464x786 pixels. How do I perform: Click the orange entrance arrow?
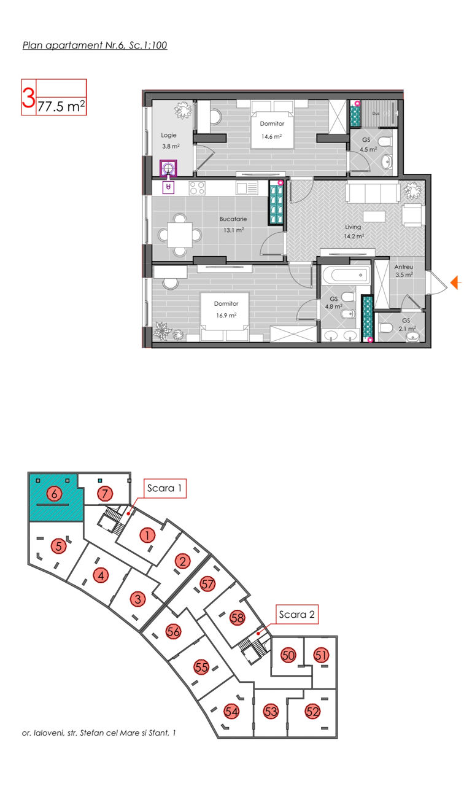point(455,282)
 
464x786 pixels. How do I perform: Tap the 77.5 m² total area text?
point(61,106)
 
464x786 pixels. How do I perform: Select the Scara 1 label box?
point(164,488)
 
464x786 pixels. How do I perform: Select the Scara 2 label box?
point(296,614)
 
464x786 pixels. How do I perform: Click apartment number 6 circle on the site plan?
point(54,494)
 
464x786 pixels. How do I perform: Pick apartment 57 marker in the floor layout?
point(207,584)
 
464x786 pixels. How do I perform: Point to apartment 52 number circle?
point(312,712)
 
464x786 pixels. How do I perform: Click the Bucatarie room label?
point(233,219)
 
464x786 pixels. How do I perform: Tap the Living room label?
point(353,227)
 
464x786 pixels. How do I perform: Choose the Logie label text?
point(169,135)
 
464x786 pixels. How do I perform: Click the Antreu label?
point(404,267)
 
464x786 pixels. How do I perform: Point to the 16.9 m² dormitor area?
point(226,316)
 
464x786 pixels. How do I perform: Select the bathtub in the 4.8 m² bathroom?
point(346,275)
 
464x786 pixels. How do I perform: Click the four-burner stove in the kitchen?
point(197,188)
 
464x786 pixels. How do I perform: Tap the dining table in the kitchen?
point(180,235)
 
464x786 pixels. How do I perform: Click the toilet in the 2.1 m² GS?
point(386,329)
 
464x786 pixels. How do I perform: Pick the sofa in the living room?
point(373,193)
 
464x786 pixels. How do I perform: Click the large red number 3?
point(28,98)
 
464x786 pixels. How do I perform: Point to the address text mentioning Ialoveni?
point(99,733)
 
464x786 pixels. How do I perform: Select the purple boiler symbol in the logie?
point(168,168)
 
